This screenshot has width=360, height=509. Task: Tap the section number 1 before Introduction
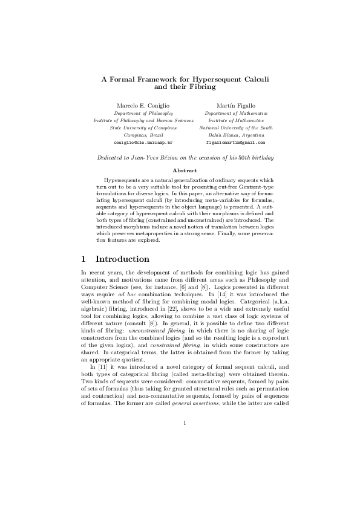84,259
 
